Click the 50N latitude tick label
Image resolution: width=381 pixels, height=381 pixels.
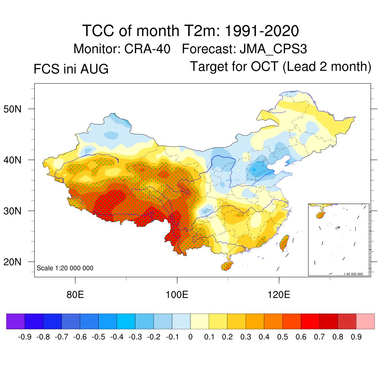12,109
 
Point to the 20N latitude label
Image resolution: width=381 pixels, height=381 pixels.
12,262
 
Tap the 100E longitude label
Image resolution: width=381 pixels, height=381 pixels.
177,295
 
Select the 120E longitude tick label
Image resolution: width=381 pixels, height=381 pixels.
279,295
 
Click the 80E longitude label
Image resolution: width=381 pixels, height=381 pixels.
75,295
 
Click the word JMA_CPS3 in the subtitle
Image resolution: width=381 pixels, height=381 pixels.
273,49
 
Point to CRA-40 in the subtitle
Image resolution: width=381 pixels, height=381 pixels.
147,49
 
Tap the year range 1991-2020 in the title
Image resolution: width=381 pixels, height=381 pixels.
262,31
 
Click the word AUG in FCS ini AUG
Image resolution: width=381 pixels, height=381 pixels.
94,69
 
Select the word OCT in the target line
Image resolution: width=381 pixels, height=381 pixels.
265,66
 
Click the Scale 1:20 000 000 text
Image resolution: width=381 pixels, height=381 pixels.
65,268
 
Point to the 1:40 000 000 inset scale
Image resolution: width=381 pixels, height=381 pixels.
353,274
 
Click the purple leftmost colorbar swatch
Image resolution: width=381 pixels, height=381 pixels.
16,321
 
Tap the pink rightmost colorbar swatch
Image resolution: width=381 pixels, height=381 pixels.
365,321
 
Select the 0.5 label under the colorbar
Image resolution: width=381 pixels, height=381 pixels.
282,337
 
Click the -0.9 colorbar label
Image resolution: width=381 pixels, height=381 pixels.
25,337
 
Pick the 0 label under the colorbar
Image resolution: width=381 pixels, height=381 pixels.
190,337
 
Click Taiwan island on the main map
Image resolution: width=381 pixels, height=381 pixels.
284,243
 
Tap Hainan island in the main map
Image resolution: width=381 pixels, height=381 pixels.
227,266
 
